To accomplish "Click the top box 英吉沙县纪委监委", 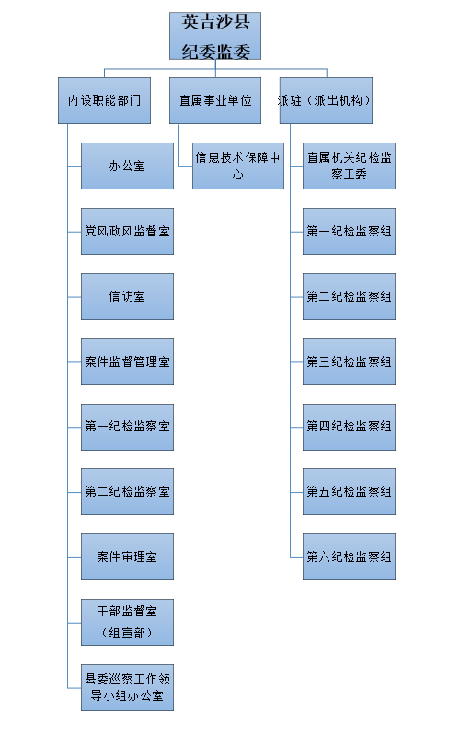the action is click(x=215, y=36).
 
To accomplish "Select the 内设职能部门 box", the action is click(x=104, y=100).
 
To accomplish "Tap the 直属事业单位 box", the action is click(x=215, y=100).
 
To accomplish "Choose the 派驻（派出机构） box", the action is click(x=326, y=100).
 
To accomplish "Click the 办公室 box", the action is click(x=127, y=166).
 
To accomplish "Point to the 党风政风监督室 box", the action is click(x=127, y=232).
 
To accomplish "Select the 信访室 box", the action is click(x=127, y=297).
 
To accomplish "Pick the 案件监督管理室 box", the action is click(x=127, y=361).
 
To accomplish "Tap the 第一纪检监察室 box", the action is click(x=127, y=428).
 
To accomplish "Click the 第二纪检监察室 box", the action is click(x=127, y=492).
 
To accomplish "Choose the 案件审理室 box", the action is click(x=127, y=556).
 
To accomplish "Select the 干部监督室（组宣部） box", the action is click(x=127, y=623).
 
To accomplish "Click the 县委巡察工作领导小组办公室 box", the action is click(x=127, y=688).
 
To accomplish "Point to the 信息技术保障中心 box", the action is click(x=238, y=166).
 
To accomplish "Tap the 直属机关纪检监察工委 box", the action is click(x=349, y=166).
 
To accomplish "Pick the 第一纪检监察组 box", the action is click(x=349, y=232).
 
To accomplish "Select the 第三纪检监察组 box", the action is click(x=349, y=361).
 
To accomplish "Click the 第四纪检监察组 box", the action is click(x=349, y=428).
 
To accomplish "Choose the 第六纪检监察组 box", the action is click(x=349, y=556).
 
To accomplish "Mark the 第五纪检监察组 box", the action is click(x=349, y=492).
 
